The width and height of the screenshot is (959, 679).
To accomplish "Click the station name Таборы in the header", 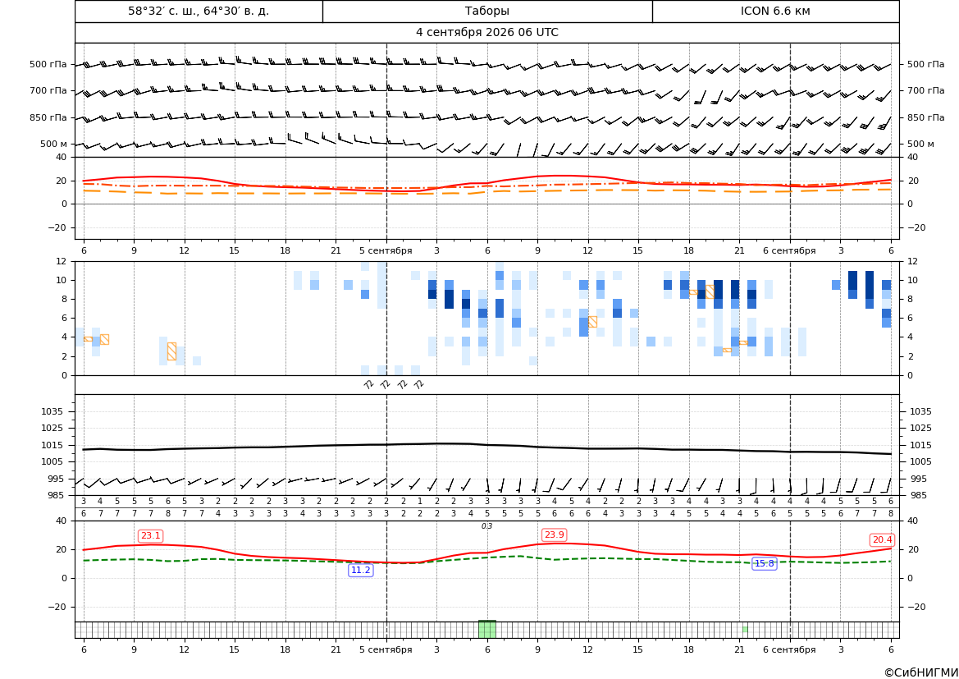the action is [x=486, y=11].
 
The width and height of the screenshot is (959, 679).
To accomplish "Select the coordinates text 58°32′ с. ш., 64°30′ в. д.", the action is [x=199, y=11].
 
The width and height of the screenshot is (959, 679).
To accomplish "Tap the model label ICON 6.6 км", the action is [x=775, y=11].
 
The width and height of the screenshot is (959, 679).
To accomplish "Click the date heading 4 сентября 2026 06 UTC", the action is [x=486, y=33].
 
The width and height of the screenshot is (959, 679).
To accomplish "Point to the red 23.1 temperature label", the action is [x=150, y=536].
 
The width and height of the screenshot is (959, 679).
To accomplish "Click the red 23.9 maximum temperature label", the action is [x=554, y=534].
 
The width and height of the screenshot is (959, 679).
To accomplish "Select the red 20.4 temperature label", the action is [x=882, y=539].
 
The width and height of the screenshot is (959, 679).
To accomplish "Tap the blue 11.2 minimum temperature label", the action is [x=360, y=570].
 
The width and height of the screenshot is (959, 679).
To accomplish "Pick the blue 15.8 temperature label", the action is [x=764, y=563].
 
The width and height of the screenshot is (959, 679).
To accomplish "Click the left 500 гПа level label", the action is [x=48, y=64].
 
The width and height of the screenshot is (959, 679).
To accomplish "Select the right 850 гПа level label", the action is [x=925, y=117].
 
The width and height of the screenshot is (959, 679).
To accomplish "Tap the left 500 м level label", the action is [x=54, y=144].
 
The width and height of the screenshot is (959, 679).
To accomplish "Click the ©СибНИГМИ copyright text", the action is [x=921, y=672].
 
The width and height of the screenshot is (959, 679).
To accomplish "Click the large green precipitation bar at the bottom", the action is [x=486, y=629].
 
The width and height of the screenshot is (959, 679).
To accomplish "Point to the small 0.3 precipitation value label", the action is [x=486, y=526].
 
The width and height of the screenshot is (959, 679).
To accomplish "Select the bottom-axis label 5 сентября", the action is [x=386, y=649].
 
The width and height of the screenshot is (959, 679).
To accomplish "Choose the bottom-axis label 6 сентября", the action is [x=789, y=649].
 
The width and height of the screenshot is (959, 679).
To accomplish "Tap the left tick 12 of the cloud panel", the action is [x=62, y=261].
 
